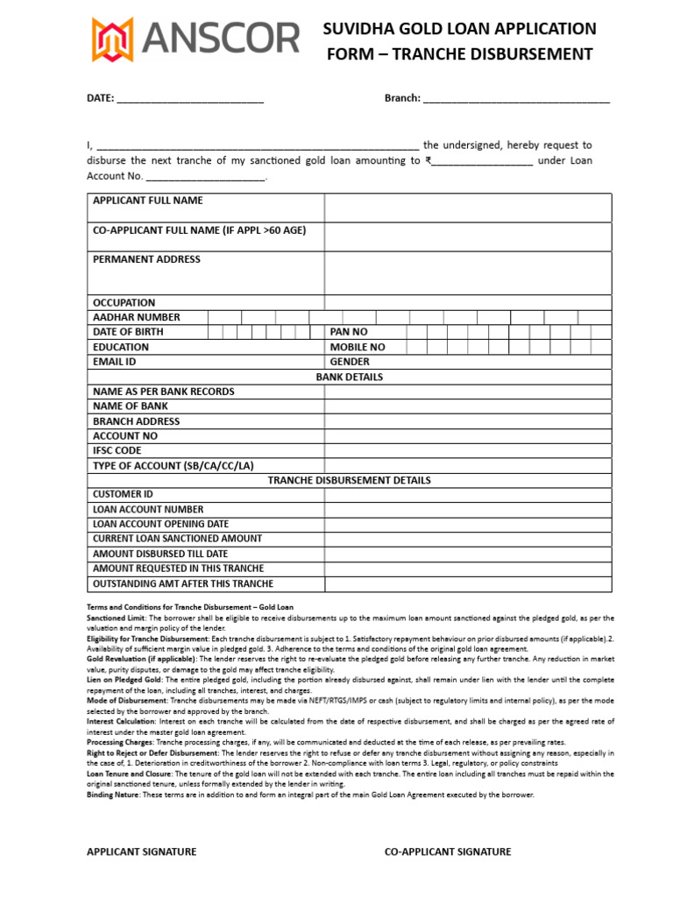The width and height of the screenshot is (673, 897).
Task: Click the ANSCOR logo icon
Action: pyautogui.click(x=113, y=39)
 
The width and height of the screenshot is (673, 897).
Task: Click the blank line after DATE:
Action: pyautogui.click(x=190, y=99)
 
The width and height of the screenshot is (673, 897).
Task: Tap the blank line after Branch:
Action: pyautogui.click(x=516, y=99)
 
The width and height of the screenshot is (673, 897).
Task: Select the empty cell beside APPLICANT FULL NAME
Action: pyautogui.click(x=468, y=208)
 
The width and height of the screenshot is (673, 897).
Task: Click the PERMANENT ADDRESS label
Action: pyautogui.click(x=146, y=259)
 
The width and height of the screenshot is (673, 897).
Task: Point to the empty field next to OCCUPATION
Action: pyautogui.click(x=468, y=302)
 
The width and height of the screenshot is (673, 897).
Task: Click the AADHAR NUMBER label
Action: pyautogui.click(x=137, y=317)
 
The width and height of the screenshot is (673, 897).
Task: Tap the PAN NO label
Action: pyautogui.click(x=349, y=332)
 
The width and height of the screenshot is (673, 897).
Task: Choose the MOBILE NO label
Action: pyautogui.click(x=357, y=347)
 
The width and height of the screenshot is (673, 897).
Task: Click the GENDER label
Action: pyautogui.click(x=350, y=362)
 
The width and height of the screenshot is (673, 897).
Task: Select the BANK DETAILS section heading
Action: pyautogui.click(x=350, y=377)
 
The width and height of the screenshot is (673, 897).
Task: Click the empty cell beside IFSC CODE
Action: pyautogui.click(x=468, y=450)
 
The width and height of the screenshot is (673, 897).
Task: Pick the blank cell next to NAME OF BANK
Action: pyautogui.click(x=468, y=406)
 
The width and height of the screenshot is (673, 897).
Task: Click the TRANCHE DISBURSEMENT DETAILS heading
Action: pyautogui.click(x=350, y=480)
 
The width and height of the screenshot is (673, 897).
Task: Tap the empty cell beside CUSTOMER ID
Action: pyautogui.click(x=468, y=494)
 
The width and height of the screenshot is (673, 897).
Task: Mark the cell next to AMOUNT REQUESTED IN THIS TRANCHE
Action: pyautogui.click(x=468, y=569)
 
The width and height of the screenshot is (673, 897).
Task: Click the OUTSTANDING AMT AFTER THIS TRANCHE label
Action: pyautogui.click(x=183, y=583)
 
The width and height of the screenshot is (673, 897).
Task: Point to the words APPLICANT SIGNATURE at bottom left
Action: pyautogui.click(x=141, y=851)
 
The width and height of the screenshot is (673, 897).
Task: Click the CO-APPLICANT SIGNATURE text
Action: pyautogui.click(x=448, y=851)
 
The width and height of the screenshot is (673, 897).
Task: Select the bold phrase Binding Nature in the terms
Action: pyautogui.click(x=114, y=795)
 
